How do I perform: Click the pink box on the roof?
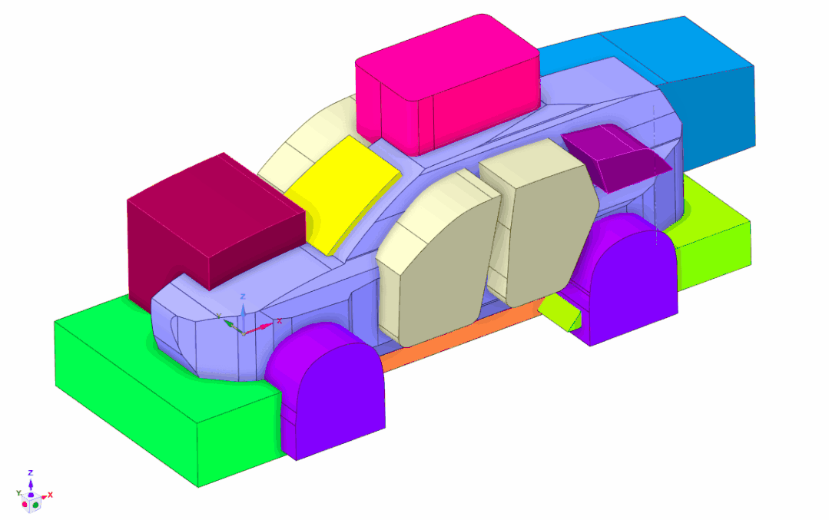coord(446,84)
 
